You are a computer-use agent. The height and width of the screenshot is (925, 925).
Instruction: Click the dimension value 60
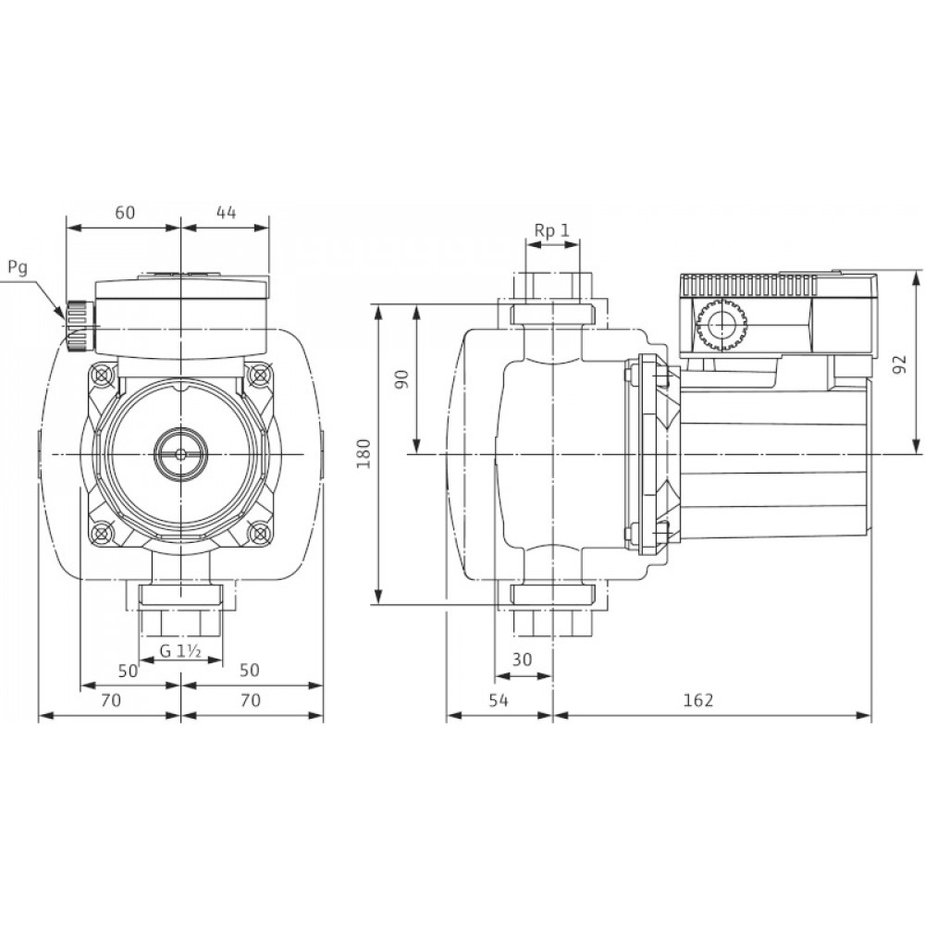tap(125, 213)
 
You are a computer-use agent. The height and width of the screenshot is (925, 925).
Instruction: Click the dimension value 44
tap(226, 213)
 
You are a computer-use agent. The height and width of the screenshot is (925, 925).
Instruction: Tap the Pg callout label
tap(18, 268)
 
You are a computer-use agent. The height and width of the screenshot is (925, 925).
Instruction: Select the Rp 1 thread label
tap(552, 230)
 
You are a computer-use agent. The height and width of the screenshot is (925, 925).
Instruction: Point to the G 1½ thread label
tap(181, 652)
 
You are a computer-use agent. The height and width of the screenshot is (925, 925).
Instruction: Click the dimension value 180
tap(364, 453)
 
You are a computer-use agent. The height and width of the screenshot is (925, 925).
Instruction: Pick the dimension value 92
tap(899, 364)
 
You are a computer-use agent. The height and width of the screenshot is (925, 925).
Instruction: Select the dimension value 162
tap(698, 700)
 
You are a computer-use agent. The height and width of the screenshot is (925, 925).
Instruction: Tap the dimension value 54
tap(499, 700)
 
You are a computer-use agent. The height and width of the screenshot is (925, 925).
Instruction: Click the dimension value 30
tap(522, 659)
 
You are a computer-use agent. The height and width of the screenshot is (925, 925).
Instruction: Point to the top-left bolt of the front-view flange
tap(104, 376)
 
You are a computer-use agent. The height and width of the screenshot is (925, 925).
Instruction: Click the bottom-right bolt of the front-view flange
tap(258, 533)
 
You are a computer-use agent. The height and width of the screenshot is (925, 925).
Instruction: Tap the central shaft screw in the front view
tap(180, 453)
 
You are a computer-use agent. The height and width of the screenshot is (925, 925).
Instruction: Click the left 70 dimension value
tap(111, 700)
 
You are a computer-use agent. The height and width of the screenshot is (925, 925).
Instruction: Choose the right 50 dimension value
tap(250, 670)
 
